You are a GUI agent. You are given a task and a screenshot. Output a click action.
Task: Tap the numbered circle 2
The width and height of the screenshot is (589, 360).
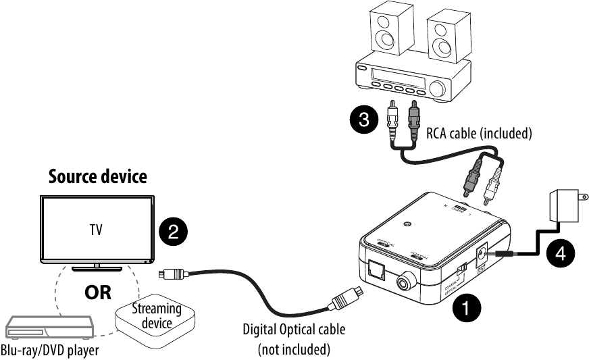(173, 232)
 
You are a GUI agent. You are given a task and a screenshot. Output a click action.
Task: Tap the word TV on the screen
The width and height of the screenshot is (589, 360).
(97, 230)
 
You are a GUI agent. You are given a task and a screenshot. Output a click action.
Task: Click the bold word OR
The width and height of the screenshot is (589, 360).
(97, 294)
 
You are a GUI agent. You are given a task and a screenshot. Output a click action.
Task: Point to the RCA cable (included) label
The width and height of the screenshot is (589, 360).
(479, 133)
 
